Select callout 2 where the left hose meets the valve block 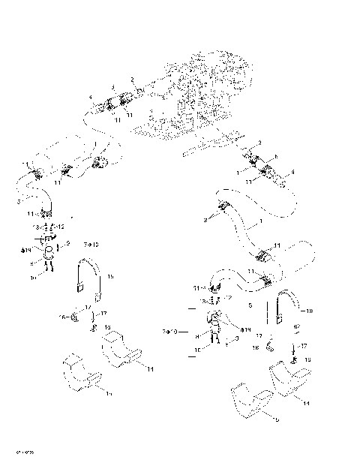(x=132, y=80)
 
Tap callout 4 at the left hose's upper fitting (x=91, y=96)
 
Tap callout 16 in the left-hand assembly (x=61, y=317)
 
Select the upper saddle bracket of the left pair (x=116, y=350)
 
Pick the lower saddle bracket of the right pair (x=252, y=406)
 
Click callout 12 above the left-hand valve (x=61, y=226)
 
